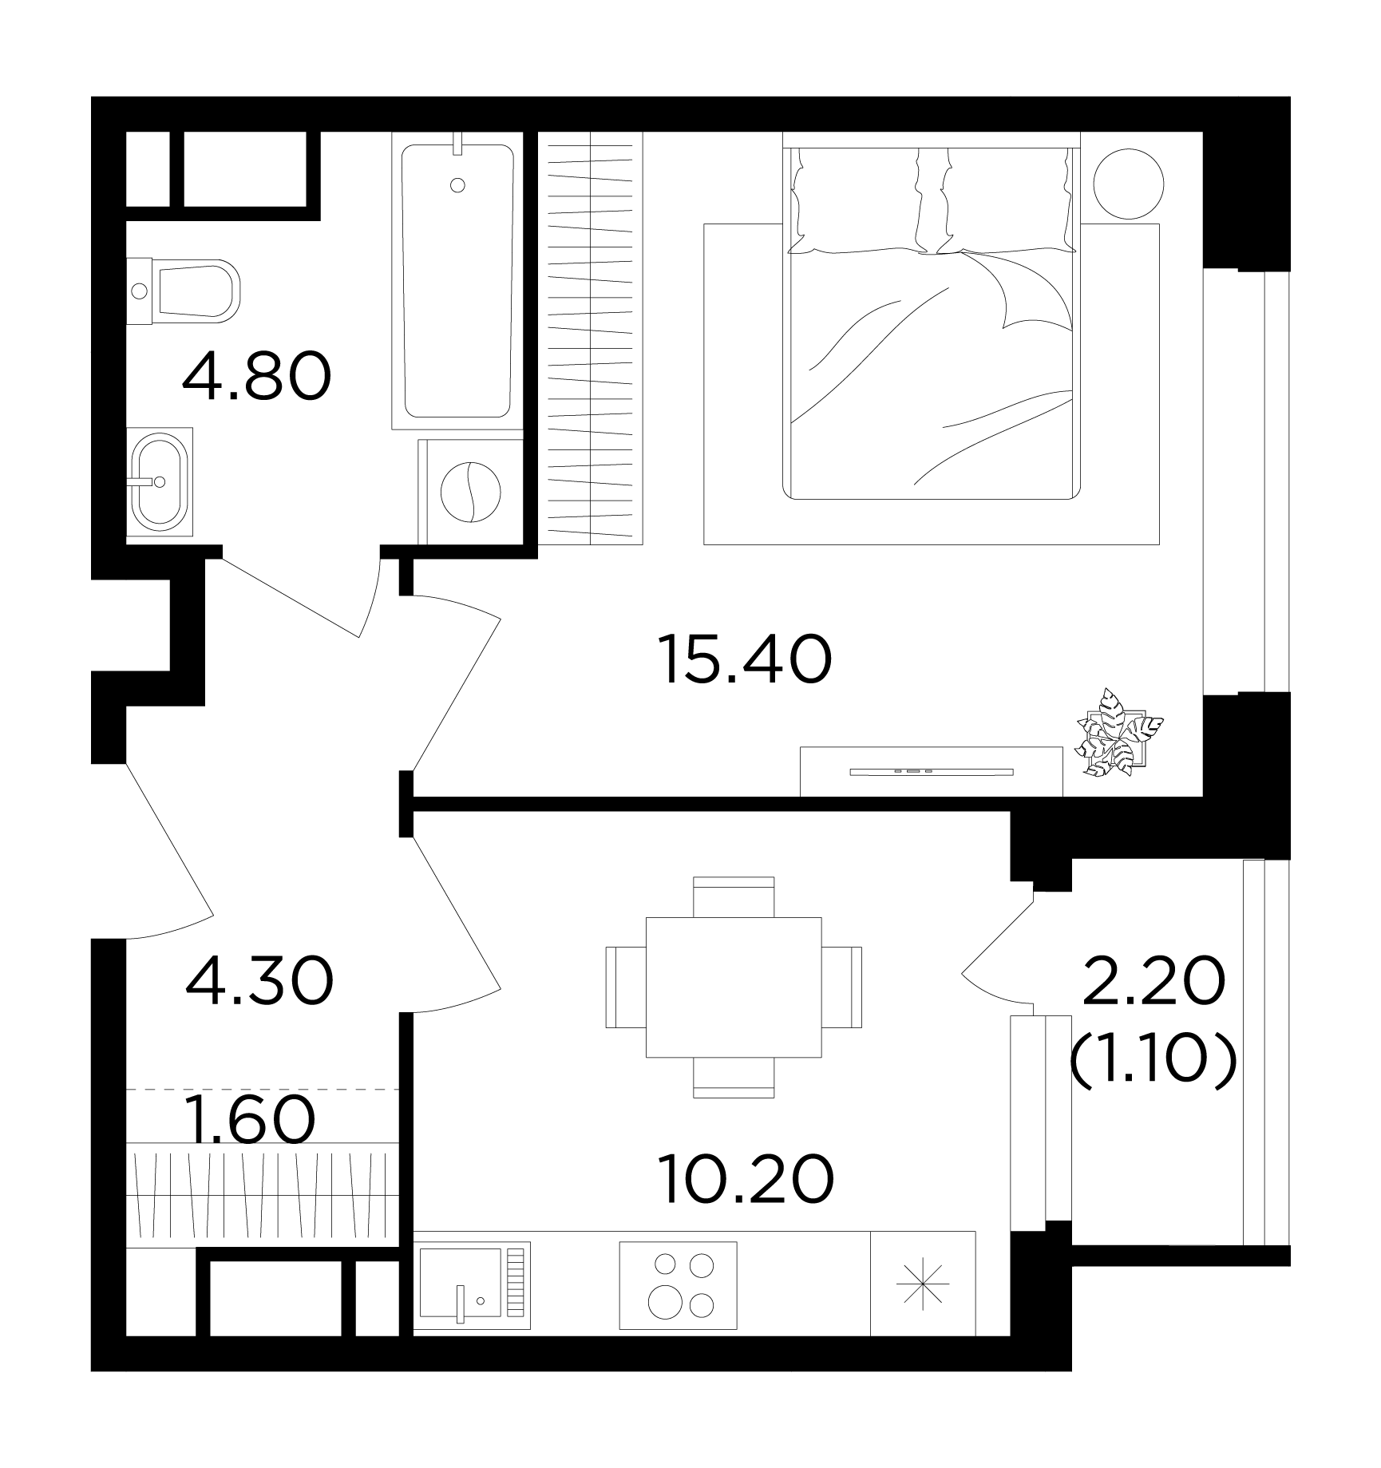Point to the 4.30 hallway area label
pyautogui.click(x=258, y=982)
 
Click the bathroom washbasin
pyautogui.click(x=160, y=481)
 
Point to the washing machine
pyautogui.click(x=471, y=491)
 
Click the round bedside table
pyautogui.click(x=1128, y=184)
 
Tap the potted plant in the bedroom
pyautogui.click(x=1116, y=734)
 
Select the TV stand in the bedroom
pyautogui.click(x=932, y=771)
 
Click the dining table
pyautogui.click(x=734, y=987)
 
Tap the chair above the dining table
pyautogui.click(x=734, y=896)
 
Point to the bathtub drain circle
pyautogui.click(x=457, y=185)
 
